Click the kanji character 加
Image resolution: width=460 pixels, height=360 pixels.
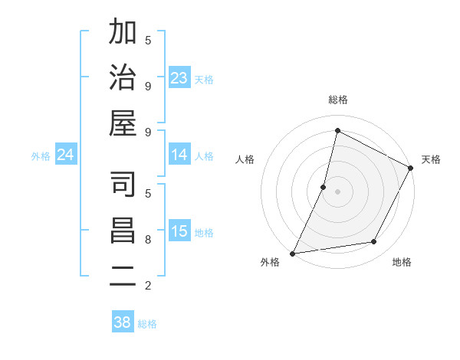coord(123,33)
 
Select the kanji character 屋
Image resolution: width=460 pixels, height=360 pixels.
coord(123,124)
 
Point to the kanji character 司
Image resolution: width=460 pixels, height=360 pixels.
coord(123,185)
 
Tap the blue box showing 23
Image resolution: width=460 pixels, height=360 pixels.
coord(179,78)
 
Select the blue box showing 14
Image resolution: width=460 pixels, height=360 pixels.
coord(179,155)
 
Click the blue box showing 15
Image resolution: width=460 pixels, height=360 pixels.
coord(179,231)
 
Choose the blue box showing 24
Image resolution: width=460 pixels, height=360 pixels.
coord(66,155)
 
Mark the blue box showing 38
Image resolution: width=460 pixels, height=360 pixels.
coord(123,322)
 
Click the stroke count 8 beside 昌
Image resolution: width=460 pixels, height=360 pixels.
coord(148,239)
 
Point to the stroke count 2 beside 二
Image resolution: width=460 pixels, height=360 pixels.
coord(148,286)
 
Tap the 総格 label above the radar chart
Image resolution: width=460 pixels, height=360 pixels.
coord(338,100)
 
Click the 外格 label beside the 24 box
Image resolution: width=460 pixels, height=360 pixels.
coord(41,155)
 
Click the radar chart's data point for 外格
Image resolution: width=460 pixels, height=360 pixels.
coord(292,254)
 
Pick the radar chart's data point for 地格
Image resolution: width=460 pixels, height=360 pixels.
coord(374,242)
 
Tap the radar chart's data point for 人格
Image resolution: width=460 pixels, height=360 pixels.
coord(324,187)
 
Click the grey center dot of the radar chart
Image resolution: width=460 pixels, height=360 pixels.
coord(338,191)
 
